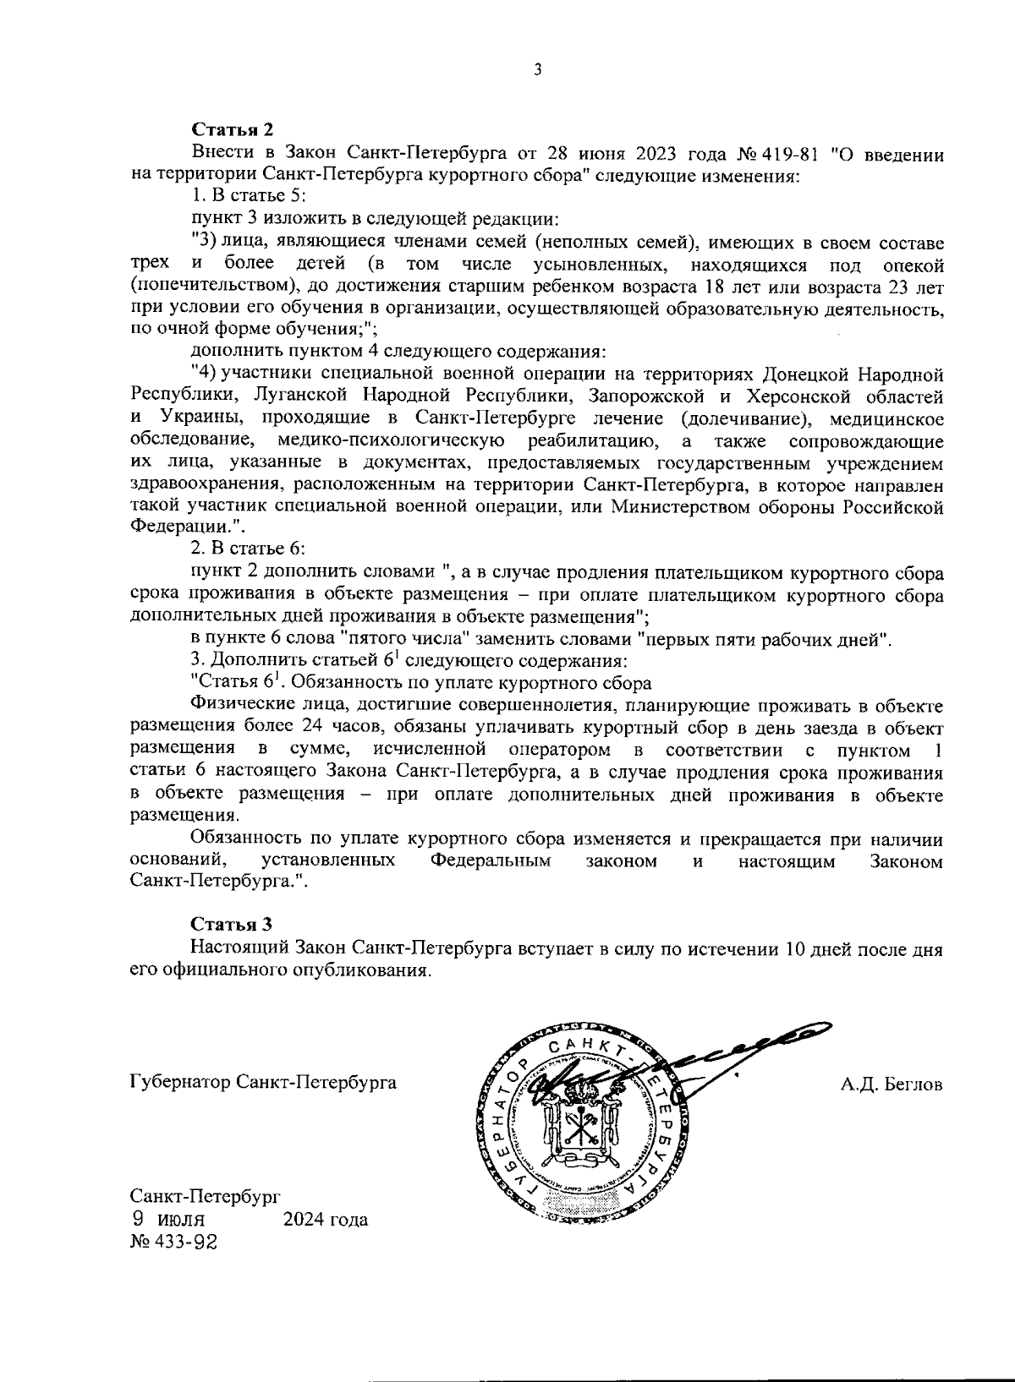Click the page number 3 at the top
536,70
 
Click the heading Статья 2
232,130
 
